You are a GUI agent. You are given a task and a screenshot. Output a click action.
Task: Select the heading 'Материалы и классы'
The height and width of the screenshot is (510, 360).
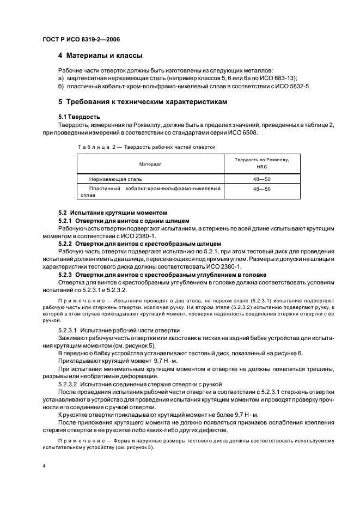(100, 56)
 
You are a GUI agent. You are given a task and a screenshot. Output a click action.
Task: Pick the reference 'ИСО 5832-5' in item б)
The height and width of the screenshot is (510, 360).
(292, 86)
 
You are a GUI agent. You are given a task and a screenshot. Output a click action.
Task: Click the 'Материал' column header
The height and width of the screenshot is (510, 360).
(150, 163)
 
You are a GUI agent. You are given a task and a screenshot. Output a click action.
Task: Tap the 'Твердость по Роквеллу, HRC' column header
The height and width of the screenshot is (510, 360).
(261, 163)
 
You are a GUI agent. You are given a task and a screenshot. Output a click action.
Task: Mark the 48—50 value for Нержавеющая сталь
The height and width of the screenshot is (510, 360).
(261, 179)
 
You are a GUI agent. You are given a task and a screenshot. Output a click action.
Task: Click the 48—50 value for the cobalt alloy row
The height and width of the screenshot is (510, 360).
(261, 189)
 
